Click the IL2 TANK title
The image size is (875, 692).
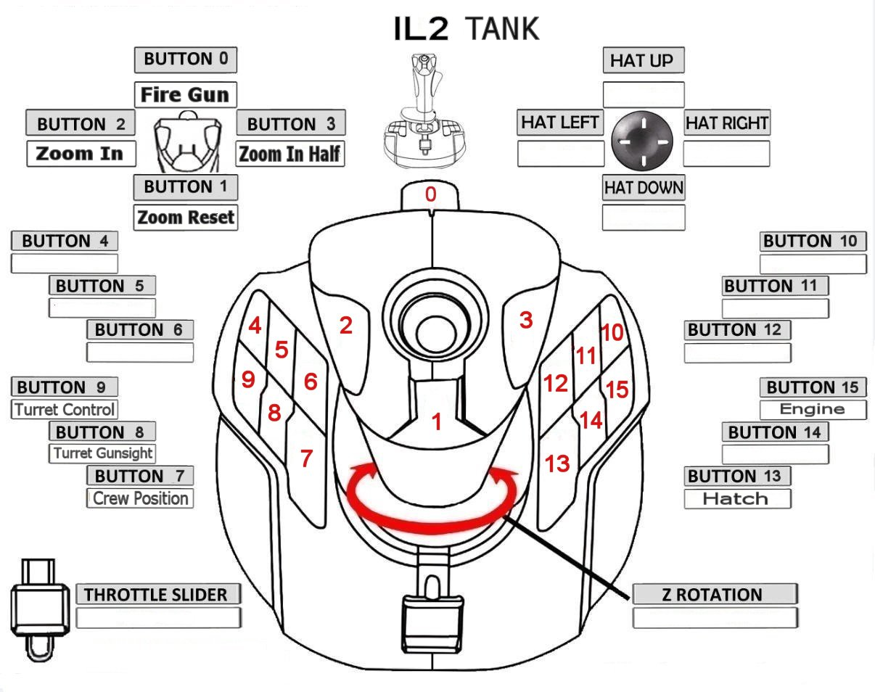(467, 29)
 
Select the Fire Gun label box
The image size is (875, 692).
(185, 94)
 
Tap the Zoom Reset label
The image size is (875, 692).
(186, 217)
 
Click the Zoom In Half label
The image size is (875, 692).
(290, 154)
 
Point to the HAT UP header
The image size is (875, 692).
(643, 61)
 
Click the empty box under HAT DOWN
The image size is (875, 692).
(643, 218)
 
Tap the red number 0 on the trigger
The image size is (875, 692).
(431, 194)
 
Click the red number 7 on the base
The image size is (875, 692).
(306, 458)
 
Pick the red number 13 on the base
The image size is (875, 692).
(557, 464)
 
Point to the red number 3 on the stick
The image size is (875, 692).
(526, 320)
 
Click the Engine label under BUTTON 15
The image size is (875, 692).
(813, 409)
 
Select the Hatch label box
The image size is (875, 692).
(736, 499)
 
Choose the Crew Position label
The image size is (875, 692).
(140, 498)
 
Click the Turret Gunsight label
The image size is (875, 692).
(102, 453)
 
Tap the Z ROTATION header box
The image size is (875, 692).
(714, 595)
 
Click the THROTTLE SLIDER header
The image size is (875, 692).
(156, 595)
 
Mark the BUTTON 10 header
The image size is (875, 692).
(813, 242)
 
